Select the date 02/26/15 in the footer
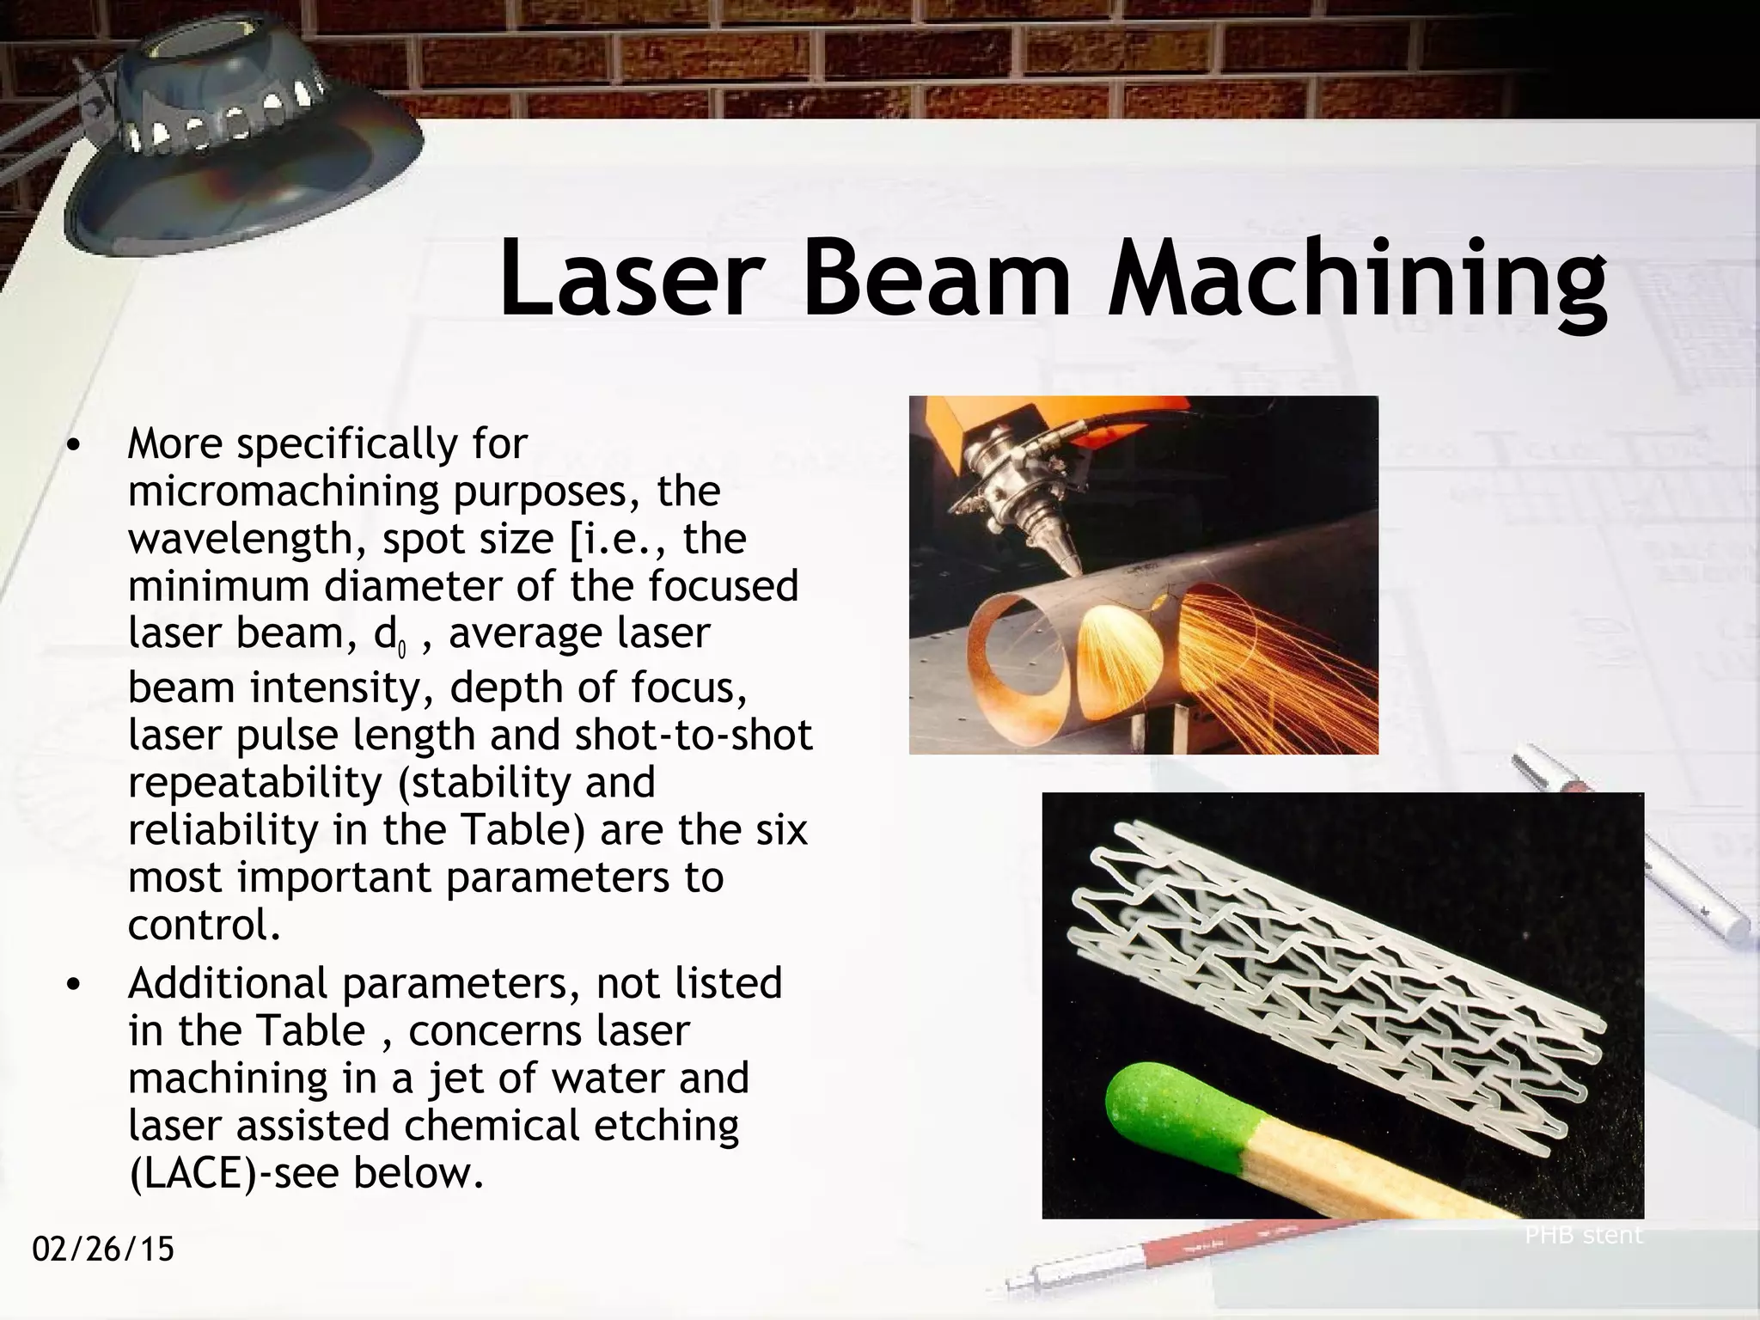(103, 1249)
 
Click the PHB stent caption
(1583, 1236)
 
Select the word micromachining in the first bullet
(284, 492)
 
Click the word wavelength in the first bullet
(248, 540)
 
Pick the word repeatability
(250, 783)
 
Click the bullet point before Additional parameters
(74, 985)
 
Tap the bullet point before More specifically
(74, 445)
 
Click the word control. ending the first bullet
(205, 926)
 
